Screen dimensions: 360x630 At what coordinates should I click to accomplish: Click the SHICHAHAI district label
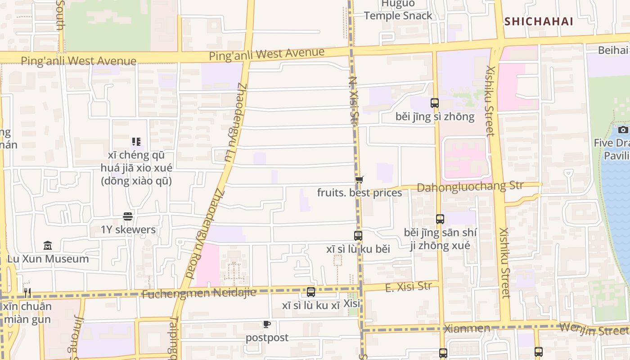539,21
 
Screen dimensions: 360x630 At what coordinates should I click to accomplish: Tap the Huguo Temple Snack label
398,10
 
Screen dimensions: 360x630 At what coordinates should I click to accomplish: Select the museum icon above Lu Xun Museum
48,246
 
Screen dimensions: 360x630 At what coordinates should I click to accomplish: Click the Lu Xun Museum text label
48,259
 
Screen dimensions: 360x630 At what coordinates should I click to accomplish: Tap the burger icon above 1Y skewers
128,216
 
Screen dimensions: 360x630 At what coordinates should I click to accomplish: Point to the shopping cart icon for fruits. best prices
359,180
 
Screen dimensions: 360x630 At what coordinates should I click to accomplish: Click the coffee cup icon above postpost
267,324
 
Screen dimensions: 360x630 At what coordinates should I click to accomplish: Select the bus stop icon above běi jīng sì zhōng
434,103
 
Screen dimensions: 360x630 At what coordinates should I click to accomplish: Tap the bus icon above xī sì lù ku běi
358,236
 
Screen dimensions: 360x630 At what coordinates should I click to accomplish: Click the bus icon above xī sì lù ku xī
311,292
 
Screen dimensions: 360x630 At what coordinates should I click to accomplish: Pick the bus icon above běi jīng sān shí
440,219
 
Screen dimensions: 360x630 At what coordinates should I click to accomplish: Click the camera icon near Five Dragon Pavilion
623,130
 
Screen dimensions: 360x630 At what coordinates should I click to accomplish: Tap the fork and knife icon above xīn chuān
27,293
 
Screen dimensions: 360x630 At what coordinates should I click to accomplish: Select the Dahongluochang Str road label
470,186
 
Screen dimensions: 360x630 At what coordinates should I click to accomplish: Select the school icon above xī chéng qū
136,142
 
